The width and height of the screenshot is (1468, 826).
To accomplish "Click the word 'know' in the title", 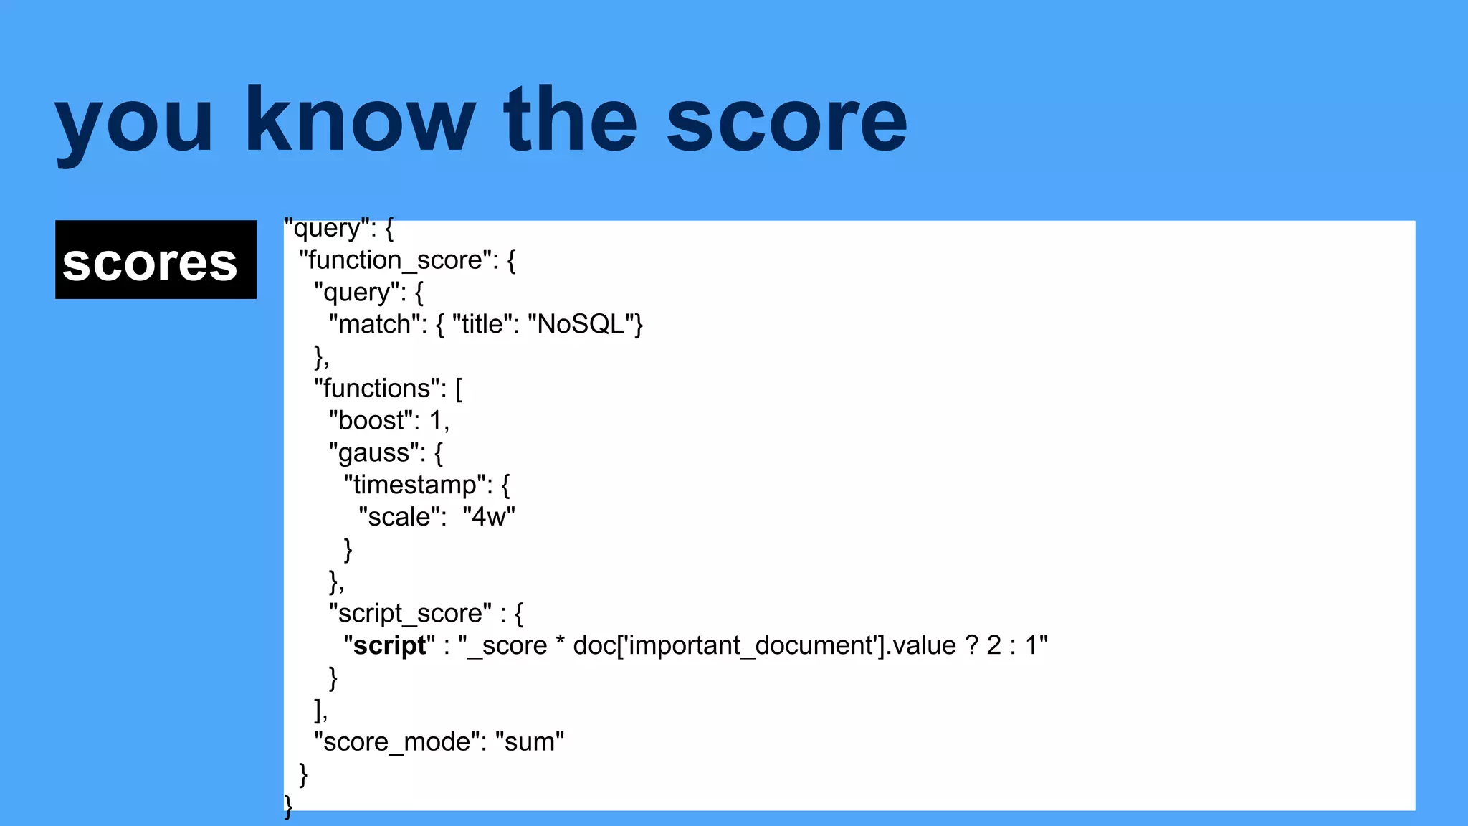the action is coord(360,120).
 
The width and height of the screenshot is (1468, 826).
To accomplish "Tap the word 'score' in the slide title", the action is coord(786,120).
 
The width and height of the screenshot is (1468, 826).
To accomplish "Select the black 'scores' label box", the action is coord(156,260).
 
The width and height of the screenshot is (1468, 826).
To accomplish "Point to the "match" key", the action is coord(373,325).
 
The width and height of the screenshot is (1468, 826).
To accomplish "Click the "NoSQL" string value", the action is coord(581,325).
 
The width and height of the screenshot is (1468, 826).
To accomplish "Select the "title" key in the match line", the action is coord(482,325).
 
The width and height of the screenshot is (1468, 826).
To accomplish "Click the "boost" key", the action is coord(371,421).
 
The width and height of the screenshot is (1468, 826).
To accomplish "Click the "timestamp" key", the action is coord(414,485).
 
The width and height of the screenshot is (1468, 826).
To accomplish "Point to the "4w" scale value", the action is coord(489,517).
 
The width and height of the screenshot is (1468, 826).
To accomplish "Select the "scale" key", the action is coord(399,517).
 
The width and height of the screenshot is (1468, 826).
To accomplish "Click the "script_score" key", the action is coord(410,614).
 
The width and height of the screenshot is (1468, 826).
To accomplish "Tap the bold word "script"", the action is coord(389,646).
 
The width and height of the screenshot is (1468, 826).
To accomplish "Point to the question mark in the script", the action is coord(972,646).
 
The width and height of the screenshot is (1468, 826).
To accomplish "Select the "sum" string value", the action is coord(529,742).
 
